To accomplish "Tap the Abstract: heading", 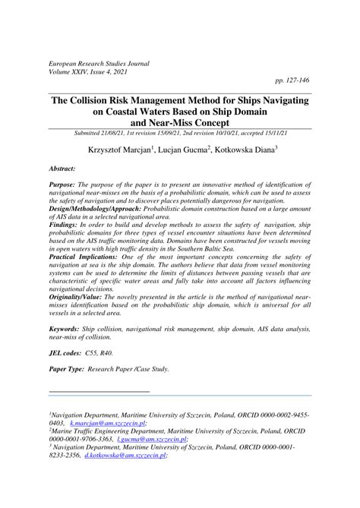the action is tap(66, 173).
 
